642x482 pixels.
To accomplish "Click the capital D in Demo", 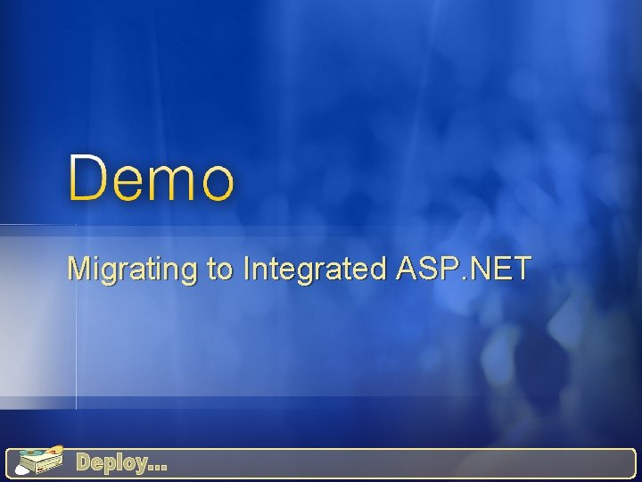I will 87,177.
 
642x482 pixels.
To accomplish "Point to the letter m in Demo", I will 174,182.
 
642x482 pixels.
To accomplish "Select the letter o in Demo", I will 217,182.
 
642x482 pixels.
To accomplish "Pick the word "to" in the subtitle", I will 220,268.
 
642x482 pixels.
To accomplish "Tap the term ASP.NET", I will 464,267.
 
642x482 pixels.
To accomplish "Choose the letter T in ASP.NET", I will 521,267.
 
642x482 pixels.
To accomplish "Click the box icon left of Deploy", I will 41,461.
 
